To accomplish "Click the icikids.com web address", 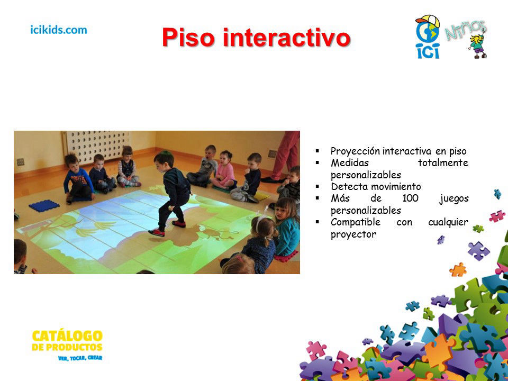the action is pyautogui.click(x=59, y=30).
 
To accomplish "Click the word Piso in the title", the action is pyautogui.click(x=188, y=38).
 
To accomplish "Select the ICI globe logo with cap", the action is pyautogui.click(x=428, y=37).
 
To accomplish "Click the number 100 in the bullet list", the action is pyautogui.click(x=410, y=198).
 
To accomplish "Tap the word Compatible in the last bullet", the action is pyautogui.click(x=356, y=222).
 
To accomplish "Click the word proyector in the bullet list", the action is pyautogui.click(x=353, y=234).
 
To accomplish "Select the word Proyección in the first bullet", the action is pyautogui.click(x=355, y=151).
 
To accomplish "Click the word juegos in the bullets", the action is pyautogui.click(x=454, y=198).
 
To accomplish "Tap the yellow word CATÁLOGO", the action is pyautogui.click(x=67, y=336).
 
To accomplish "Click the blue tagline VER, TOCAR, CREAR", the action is pyautogui.click(x=80, y=358).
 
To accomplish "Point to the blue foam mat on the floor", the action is pyautogui.click(x=44, y=206).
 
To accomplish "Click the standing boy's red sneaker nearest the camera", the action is pyautogui.click(x=157, y=232).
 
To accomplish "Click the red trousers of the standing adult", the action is pyautogui.click(x=285, y=155).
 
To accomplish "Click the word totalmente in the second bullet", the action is pyautogui.click(x=443, y=162).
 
